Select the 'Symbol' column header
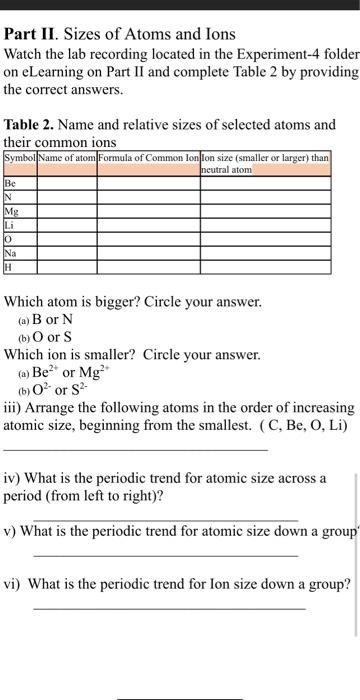pos(20,158)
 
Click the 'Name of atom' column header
pos(67,158)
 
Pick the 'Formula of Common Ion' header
pos(148,158)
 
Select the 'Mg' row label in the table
pos(12,212)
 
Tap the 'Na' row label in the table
pos(12,254)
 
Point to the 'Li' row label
pos(11,226)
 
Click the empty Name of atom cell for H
pos(67,267)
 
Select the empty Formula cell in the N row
pos(148,198)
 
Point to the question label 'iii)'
pos(13,410)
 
